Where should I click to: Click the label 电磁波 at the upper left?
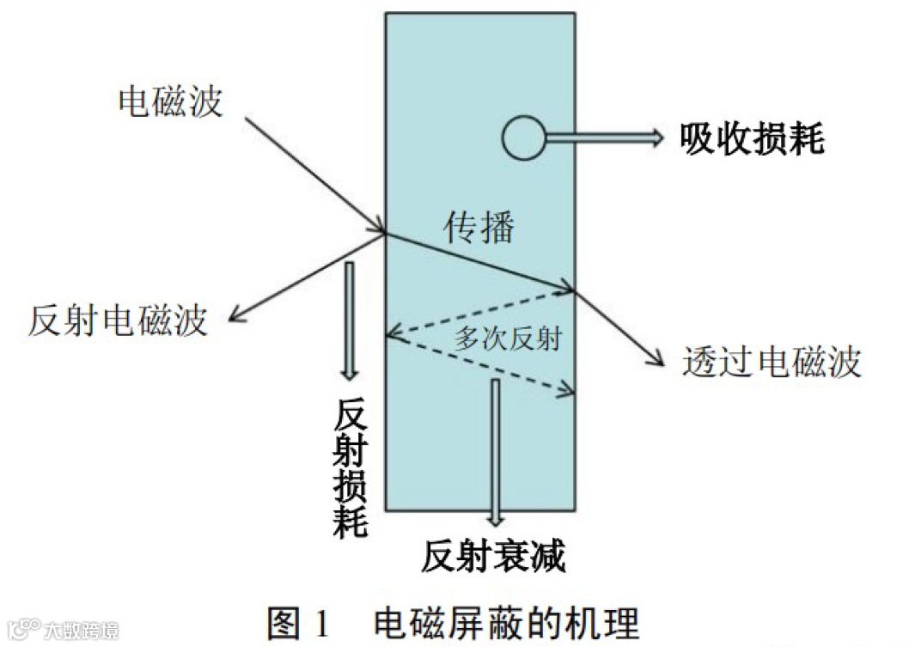169,101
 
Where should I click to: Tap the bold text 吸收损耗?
752,138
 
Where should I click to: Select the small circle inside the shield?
524,138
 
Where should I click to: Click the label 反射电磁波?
118,320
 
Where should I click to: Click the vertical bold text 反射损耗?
351,467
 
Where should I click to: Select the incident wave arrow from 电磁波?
314,172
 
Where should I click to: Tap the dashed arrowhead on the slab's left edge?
391,336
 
